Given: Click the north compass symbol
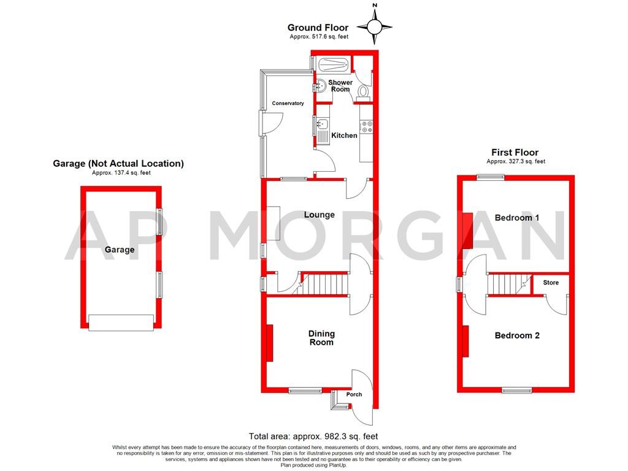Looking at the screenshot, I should click(x=374, y=26).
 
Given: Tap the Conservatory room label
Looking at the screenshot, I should click(x=288, y=104).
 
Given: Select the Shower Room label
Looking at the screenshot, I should click(x=340, y=86).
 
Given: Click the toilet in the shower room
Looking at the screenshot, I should click(x=363, y=91).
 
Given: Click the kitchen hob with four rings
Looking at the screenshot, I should click(x=367, y=127).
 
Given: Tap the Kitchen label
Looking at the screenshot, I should click(x=344, y=136).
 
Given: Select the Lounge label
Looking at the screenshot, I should click(x=320, y=215).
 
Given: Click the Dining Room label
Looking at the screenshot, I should click(x=321, y=338).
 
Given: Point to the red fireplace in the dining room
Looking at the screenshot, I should click(x=269, y=343).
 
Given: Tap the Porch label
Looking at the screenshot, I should click(x=354, y=394).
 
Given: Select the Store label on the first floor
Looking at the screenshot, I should click(x=551, y=283).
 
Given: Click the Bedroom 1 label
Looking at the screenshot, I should click(x=517, y=218).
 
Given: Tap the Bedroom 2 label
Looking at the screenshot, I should click(x=517, y=335).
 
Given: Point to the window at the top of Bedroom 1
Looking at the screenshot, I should click(x=489, y=177).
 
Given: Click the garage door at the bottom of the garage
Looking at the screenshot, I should click(x=121, y=323).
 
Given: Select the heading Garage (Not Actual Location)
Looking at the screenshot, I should click(x=118, y=164).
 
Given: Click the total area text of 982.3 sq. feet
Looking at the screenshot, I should click(x=313, y=436).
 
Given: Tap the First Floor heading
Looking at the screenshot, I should click(x=515, y=152).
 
